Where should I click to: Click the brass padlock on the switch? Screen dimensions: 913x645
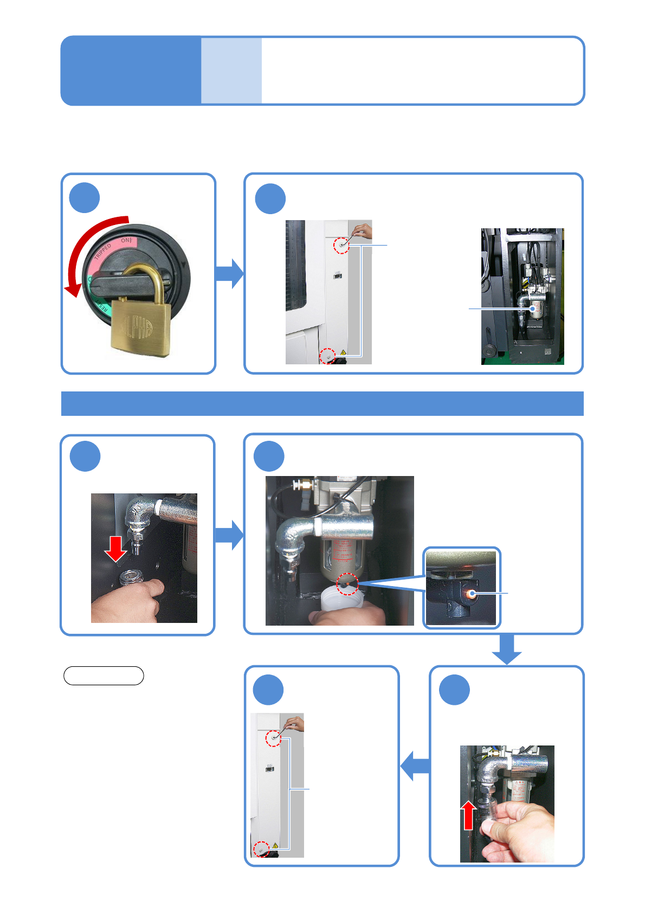140,324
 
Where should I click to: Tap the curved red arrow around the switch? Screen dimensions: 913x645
87,244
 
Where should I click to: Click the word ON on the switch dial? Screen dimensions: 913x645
126,240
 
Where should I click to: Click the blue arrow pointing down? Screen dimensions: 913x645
507,648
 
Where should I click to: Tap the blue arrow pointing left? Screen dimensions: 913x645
415,766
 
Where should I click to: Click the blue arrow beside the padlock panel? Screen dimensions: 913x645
229,273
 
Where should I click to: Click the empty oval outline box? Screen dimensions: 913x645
104,676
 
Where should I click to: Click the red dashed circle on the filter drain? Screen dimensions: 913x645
347,583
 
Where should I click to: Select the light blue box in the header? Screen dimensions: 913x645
231,70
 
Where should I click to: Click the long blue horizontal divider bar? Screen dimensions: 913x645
322,403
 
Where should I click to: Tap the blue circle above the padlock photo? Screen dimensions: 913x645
85,198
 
